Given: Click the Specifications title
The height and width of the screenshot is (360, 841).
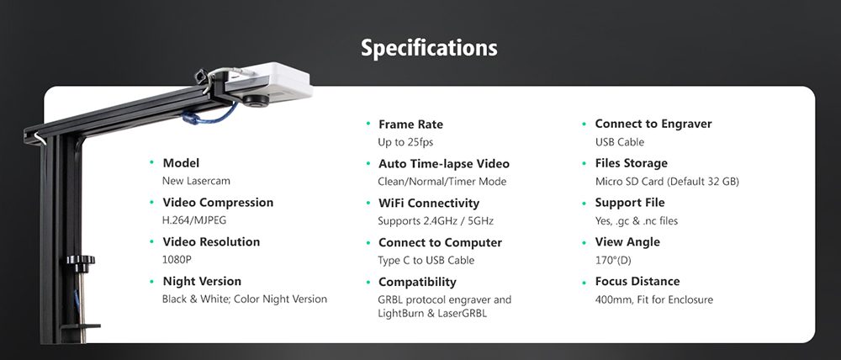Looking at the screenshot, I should point(429,48).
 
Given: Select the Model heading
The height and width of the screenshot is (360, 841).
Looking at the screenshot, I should point(181,163).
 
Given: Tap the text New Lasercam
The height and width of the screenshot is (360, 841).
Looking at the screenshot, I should point(196,181).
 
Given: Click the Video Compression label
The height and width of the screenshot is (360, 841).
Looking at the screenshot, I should point(218,203).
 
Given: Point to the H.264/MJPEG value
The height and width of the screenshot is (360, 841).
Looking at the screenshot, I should point(194,220).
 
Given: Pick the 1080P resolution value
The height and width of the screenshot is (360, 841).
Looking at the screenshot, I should point(177,260).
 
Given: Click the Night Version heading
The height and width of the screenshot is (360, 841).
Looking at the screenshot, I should point(202,282).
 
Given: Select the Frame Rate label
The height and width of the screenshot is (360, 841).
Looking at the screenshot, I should point(410,124).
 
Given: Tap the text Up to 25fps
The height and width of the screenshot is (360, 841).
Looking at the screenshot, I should point(405,142).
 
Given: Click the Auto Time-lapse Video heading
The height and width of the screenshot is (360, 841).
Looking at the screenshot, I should point(444,164).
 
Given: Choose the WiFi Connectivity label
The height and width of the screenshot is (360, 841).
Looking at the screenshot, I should point(429,204).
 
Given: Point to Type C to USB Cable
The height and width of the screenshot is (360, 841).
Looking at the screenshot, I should point(426,261).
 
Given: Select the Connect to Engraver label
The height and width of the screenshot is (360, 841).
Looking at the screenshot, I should point(653,124).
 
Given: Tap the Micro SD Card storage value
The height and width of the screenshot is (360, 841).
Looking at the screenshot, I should point(667,182).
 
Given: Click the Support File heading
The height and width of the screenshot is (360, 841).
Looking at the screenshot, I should point(630,203).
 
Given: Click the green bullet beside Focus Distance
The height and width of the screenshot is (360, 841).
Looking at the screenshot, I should point(586,282).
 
